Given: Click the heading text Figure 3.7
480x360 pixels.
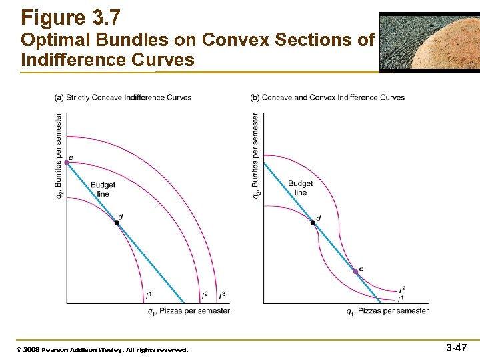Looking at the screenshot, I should (x=71, y=17).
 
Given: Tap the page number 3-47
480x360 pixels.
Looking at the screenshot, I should (x=456, y=348).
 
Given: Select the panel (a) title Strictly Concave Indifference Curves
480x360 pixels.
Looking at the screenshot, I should (x=123, y=97).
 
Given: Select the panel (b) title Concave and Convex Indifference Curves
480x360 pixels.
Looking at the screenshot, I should (x=327, y=97).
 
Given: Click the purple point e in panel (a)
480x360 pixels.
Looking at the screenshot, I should (x=67, y=162).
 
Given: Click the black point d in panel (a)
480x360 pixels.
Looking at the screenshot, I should (x=116, y=223).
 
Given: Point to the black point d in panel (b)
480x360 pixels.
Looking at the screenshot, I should (x=313, y=223).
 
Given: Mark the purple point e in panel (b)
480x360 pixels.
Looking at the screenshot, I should (x=356, y=272).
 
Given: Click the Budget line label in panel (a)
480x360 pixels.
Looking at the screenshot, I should (x=102, y=189).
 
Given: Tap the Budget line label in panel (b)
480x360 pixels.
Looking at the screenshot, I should (x=300, y=188).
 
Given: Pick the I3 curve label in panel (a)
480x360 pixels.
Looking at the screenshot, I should (x=222, y=295).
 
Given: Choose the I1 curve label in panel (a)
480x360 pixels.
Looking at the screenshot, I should (x=148, y=295).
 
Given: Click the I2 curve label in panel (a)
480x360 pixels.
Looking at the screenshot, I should (x=205, y=295).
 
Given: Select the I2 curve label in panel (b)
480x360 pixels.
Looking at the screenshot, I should (x=402, y=289).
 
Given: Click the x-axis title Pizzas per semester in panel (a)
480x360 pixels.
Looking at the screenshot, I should (x=189, y=311).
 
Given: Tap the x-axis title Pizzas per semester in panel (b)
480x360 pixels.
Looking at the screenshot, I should (x=387, y=311).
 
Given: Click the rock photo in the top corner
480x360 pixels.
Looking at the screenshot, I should (x=429, y=41).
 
